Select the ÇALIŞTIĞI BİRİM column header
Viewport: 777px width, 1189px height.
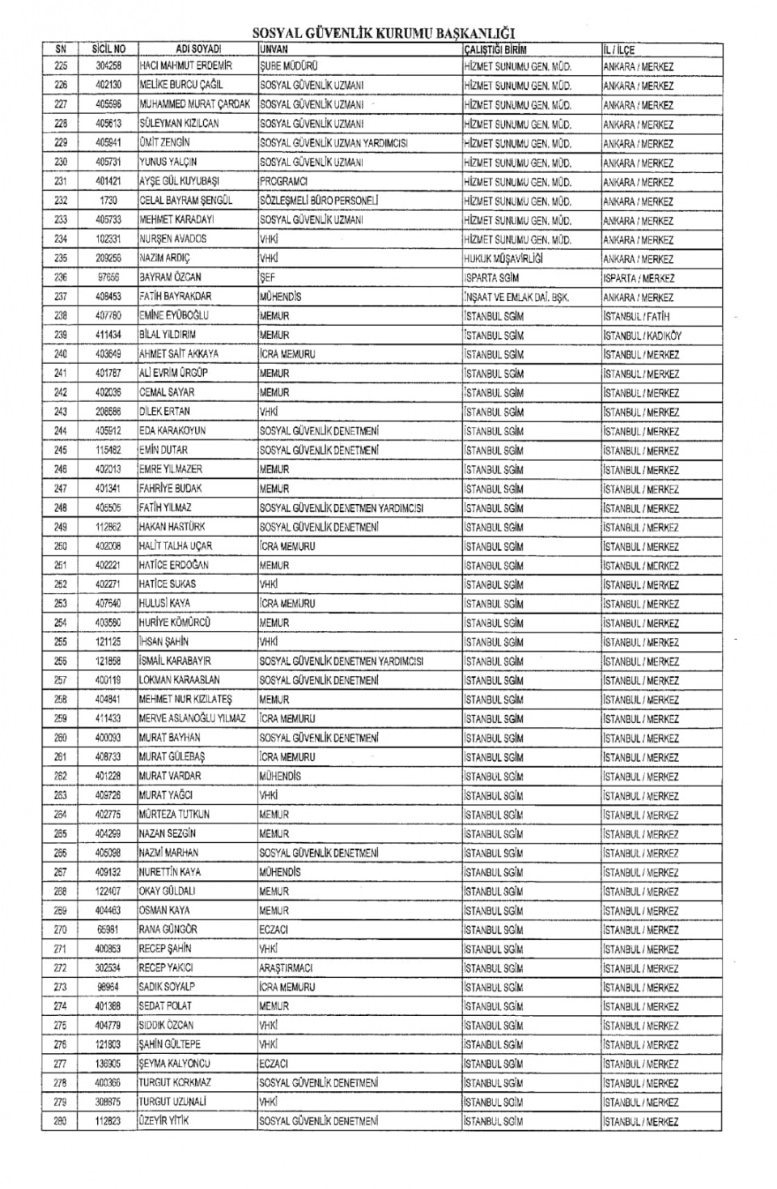pos(495,49)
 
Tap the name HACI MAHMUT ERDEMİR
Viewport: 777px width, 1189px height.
pos(185,66)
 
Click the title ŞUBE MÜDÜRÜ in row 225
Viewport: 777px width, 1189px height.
pos(288,66)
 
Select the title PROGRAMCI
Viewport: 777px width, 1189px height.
pos(283,181)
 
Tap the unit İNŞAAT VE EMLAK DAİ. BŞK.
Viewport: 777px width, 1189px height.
pos(516,297)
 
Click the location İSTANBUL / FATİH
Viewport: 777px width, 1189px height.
pos(636,316)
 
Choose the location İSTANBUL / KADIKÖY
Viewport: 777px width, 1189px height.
pos(643,335)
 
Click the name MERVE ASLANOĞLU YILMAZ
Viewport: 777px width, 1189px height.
pos(193,718)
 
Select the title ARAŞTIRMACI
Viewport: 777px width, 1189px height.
pos(286,967)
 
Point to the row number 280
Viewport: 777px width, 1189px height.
pos(61,1121)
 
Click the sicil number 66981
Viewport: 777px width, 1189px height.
pos(108,929)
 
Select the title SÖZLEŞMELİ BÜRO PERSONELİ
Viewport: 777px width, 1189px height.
pos(319,201)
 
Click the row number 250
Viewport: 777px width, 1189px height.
pos(61,546)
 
